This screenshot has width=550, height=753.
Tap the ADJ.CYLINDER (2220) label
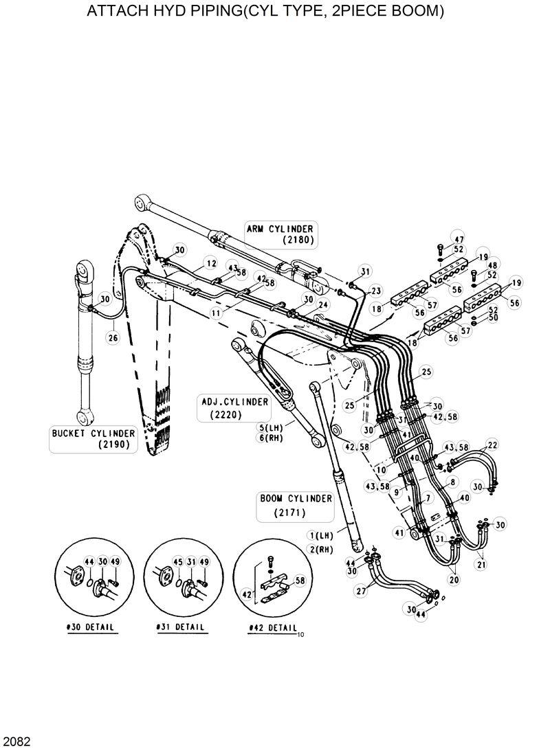234,407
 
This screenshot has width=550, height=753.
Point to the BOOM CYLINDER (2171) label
296,505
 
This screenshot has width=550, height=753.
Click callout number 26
113,337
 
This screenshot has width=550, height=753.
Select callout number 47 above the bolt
459,238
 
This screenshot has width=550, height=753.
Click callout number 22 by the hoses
492,445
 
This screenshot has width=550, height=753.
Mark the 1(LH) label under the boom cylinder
321,535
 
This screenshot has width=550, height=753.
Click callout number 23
375,291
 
